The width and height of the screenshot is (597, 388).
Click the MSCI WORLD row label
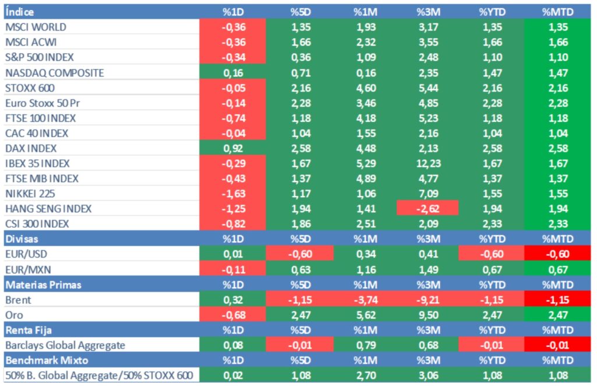(36, 27)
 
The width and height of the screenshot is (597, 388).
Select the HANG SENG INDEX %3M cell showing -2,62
(427, 208)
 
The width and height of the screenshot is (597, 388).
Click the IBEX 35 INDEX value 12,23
(427, 163)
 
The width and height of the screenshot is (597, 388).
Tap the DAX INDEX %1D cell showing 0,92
(233, 148)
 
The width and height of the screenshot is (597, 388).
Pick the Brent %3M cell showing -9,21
(427, 300)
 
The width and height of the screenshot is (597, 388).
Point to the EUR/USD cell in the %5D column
(300, 253)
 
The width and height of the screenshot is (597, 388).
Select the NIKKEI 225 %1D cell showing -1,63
(233, 193)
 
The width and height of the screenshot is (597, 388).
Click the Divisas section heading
(22, 239)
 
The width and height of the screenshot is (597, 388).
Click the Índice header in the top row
(19, 12)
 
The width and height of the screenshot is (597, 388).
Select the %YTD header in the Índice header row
(491, 12)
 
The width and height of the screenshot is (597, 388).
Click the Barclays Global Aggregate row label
(65, 345)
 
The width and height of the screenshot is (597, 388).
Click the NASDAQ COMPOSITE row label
(54, 72)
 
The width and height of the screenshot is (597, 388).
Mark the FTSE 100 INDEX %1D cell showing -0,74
(233, 118)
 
